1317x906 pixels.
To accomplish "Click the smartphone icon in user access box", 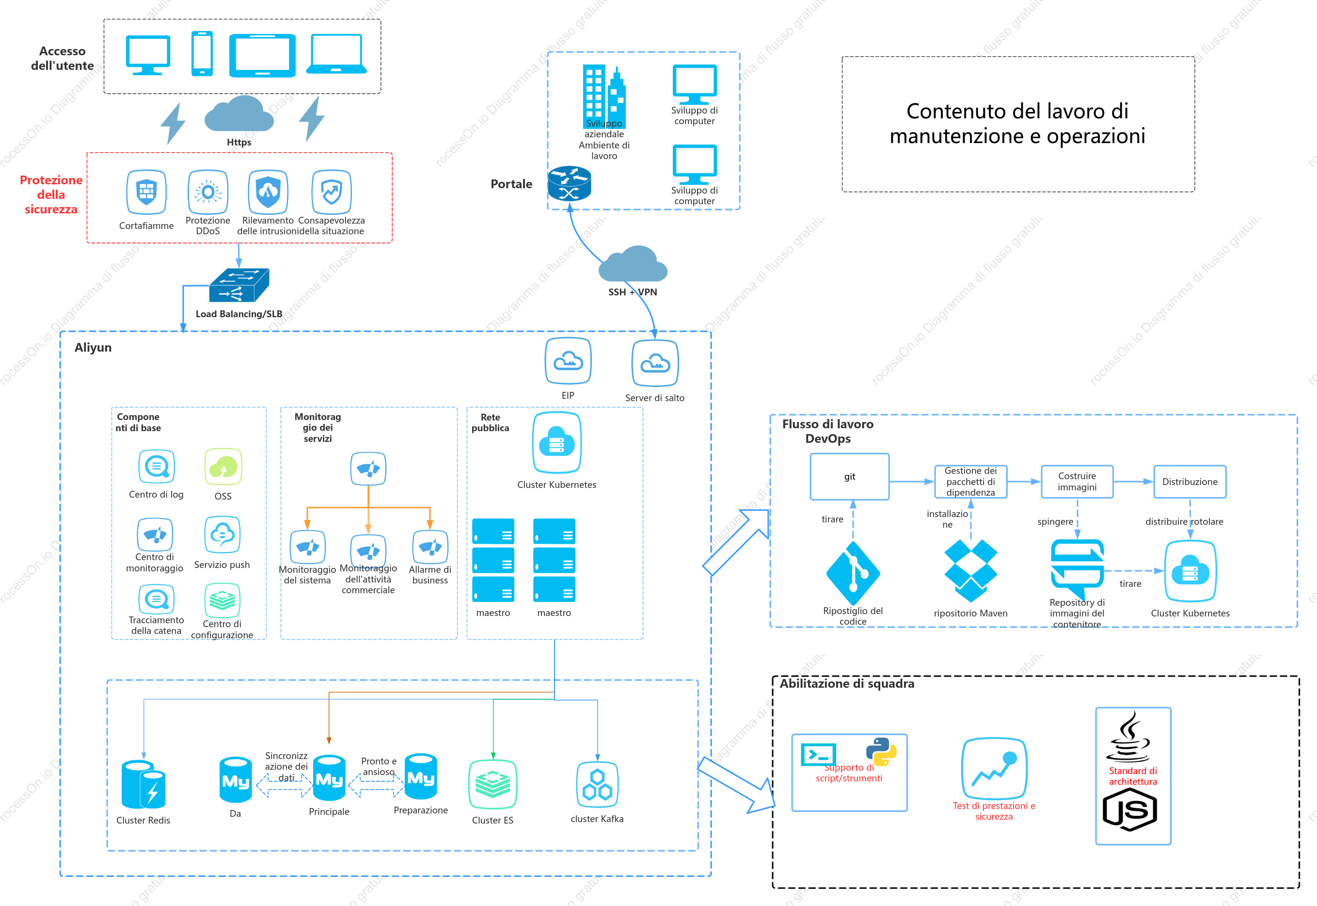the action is (x=202, y=53).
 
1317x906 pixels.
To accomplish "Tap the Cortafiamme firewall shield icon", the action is (x=146, y=192).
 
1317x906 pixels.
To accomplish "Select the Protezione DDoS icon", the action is (x=207, y=192).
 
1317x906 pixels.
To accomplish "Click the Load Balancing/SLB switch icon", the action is (x=239, y=286).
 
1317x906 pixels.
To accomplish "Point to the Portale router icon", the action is (x=569, y=183).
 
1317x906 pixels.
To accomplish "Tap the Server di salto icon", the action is (x=655, y=363).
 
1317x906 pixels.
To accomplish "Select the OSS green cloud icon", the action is (x=223, y=467).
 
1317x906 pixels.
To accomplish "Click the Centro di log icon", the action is (x=157, y=467).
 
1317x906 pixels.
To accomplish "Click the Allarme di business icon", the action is (x=430, y=547).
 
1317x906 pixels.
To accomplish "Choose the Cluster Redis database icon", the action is (x=143, y=784).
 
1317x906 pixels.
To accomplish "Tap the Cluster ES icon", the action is (x=492, y=784).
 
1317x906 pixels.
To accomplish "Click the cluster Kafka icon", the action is (x=597, y=785).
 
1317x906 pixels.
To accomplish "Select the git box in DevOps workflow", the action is (x=849, y=477).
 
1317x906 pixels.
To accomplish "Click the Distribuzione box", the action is (x=1190, y=482).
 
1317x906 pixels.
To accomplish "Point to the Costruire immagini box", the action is (x=1077, y=482).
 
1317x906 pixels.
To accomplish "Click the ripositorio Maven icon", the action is (x=970, y=570).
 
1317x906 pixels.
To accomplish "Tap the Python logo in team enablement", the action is (x=881, y=752).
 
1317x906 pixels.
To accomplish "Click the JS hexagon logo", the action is (x=1129, y=810).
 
